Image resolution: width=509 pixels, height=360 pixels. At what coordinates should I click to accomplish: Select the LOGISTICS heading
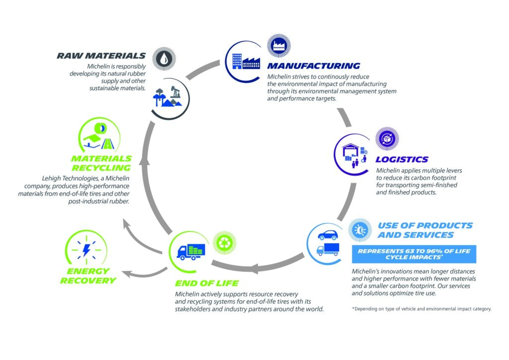pyautogui.click(x=402, y=159)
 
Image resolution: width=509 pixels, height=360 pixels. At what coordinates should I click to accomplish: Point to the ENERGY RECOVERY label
pyautogui.click(x=88, y=275)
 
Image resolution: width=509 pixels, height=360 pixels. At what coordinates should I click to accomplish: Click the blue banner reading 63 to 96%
pyautogui.click(x=414, y=254)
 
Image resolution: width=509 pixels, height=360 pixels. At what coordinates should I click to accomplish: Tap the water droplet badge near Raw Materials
pyautogui.click(x=164, y=59)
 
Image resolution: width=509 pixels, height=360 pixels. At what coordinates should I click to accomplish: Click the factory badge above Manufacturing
pyautogui.click(x=277, y=46)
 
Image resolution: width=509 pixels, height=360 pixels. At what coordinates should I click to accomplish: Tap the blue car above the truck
pyautogui.click(x=328, y=234)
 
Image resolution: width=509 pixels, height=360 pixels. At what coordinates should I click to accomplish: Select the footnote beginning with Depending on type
pyautogui.click(x=422, y=309)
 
